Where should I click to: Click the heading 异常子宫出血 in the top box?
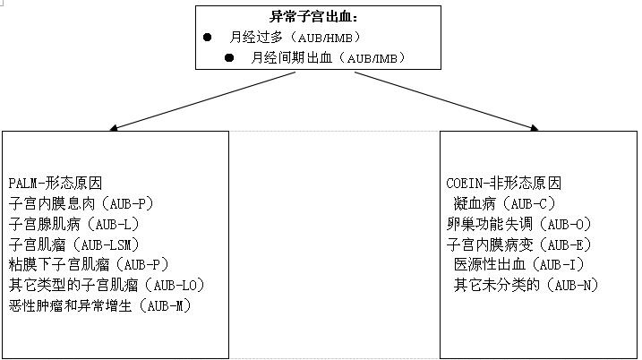(311, 17)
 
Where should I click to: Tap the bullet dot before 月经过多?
(207, 38)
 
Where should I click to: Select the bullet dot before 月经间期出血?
(229, 57)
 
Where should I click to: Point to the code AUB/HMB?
(325, 38)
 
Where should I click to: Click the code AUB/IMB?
(372, 58)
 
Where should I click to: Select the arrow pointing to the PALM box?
(202, 101)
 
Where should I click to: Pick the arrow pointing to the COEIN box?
(446, 101)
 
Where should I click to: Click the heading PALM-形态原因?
(56, 183)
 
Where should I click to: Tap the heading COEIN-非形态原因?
(503, 183)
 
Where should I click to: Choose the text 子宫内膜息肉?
(52, 203)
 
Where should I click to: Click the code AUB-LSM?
(106, 244)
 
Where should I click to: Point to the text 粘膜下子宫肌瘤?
(59, 264)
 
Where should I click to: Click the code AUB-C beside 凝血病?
(529, 203)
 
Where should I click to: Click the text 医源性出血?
(489, 264)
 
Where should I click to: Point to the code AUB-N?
(572, 285)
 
